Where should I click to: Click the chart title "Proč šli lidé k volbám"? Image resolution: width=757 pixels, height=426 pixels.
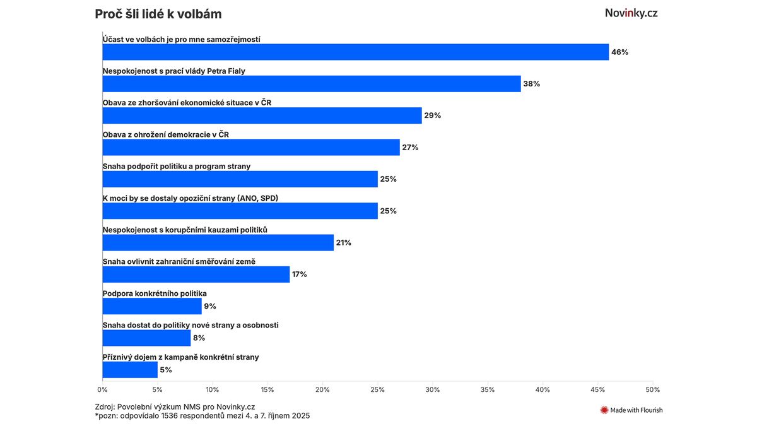158,14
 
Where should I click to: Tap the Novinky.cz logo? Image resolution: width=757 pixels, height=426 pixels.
631,13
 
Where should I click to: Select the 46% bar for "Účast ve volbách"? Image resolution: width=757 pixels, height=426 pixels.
355,52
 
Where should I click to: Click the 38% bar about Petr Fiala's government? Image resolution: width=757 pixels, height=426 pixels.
312,83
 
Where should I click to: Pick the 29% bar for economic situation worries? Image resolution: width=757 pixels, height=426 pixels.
262,115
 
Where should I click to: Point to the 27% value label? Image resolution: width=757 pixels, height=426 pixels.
410,147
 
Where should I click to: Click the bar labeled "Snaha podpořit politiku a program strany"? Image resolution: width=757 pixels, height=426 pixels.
240,179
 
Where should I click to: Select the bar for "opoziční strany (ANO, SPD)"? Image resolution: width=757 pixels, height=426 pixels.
240,211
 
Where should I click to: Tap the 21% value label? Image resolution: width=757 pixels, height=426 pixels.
344,242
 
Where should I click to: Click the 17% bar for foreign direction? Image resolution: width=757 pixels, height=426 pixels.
196,274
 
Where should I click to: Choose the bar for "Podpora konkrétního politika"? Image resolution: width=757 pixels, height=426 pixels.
152,306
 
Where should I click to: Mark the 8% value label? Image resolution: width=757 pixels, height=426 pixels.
199,338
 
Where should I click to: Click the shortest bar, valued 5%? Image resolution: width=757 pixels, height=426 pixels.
130,370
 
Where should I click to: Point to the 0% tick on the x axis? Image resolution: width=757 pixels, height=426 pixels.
103,389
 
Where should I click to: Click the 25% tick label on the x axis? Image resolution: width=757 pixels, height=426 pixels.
377,389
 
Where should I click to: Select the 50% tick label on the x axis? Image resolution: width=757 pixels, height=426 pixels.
652,389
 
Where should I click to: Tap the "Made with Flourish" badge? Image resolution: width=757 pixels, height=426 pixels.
631,410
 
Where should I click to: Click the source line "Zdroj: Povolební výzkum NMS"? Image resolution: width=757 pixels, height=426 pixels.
175,407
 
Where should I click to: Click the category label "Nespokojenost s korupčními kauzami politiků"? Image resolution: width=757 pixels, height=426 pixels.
185,230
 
